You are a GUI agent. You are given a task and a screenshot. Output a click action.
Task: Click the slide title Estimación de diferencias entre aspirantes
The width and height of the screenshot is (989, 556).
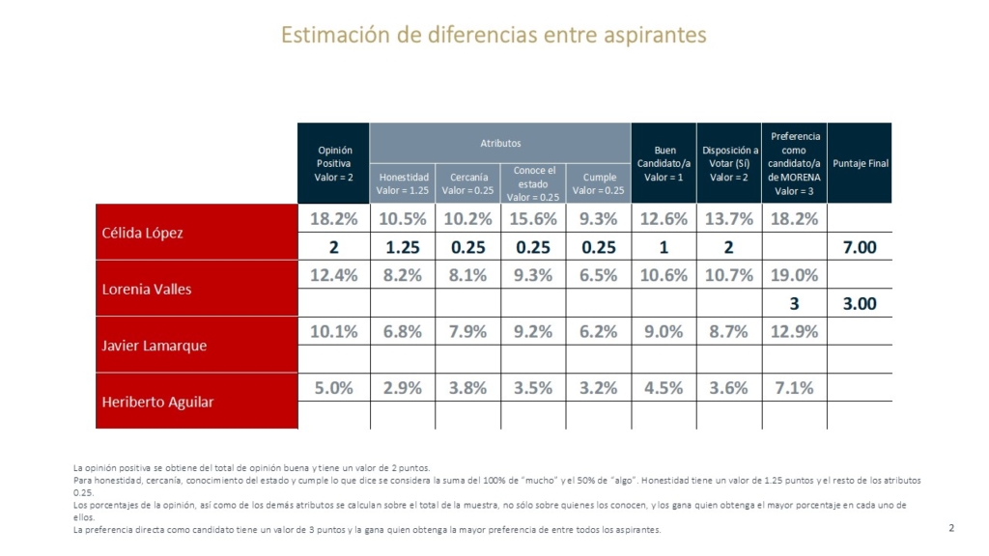[494, 36]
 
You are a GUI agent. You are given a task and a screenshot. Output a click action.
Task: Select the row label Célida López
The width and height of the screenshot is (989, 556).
[143, 233]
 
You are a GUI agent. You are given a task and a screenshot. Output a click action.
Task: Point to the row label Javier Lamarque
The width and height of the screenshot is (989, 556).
[155, 345]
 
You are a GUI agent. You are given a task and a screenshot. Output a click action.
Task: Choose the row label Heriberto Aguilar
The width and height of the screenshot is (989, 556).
[158, 401]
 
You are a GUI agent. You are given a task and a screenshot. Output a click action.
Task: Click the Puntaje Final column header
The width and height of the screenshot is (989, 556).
[860, 163]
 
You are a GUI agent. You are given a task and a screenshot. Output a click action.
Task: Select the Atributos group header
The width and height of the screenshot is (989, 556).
[500, 143]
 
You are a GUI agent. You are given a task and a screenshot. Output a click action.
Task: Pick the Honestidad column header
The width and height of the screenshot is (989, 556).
[404, 183]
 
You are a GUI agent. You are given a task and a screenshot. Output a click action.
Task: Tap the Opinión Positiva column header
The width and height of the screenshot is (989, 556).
[334, 163]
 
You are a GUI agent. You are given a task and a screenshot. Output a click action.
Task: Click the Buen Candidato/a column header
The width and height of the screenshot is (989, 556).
[664, 163]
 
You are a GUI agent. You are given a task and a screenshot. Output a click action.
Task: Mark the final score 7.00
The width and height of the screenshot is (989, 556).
[860, 247]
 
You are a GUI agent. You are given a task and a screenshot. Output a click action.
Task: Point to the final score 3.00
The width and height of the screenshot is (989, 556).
[860, 303]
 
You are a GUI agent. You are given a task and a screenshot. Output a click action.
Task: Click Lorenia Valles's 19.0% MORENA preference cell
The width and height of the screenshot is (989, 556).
[794, 275]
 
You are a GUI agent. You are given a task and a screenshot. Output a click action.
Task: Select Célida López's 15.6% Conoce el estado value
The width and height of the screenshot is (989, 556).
[533, 219]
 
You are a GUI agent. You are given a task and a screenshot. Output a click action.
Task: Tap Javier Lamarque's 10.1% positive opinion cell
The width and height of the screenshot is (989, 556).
[334, 331]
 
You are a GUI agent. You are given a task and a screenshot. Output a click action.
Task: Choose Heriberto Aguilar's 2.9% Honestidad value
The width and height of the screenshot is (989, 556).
[402, 387]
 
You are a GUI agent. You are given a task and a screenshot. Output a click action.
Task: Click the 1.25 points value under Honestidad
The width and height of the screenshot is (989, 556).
[402, 247]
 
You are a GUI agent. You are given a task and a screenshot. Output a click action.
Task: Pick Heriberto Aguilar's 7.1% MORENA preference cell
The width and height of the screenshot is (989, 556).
[794, 387]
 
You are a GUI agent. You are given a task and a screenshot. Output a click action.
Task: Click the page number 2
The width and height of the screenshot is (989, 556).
[951, 527]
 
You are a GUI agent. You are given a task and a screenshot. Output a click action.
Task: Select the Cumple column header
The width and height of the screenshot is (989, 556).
[599, 183]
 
